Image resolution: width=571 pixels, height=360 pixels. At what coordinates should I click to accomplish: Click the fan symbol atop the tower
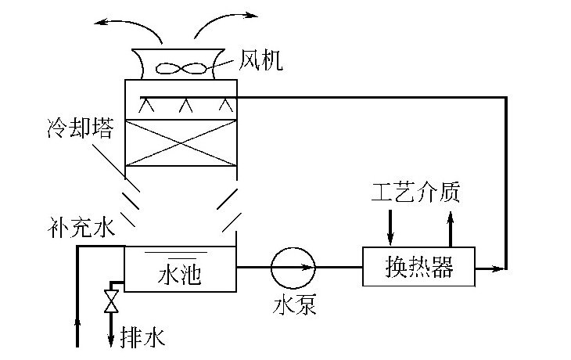181,68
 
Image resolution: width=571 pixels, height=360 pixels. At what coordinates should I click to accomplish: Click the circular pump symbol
293,268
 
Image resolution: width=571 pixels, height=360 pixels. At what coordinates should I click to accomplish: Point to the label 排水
142,337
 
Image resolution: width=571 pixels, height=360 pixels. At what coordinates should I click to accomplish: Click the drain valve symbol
112,301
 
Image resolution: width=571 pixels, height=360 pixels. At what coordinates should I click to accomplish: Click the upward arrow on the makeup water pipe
77,321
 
